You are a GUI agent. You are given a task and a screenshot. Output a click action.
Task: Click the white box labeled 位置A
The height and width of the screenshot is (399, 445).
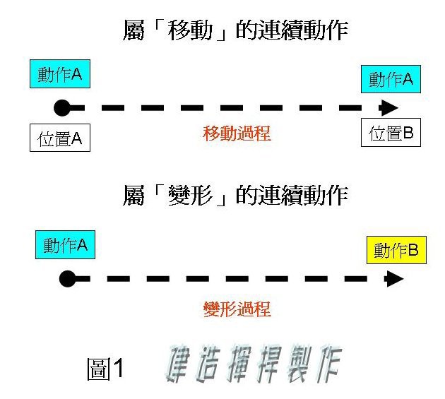tap(60, 138)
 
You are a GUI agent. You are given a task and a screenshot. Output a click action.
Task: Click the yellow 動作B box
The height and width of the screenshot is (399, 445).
tap(396, 250)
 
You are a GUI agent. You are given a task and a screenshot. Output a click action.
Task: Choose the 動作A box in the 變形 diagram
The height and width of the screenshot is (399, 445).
tap(65, 245)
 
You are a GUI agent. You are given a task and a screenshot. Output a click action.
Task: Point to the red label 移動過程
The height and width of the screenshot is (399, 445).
tap(237, 133)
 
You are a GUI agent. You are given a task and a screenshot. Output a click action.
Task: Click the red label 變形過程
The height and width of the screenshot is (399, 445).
tap(237, 309)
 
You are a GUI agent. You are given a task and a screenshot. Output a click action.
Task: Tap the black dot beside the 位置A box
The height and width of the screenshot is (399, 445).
tap(62, 108)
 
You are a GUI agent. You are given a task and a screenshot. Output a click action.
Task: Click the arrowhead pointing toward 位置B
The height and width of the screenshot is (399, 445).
tap(390, 108)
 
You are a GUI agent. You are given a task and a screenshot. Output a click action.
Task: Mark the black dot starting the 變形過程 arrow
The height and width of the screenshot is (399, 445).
tap(66, 279)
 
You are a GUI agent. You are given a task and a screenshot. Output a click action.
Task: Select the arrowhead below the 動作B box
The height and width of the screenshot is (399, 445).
tap(395, 279)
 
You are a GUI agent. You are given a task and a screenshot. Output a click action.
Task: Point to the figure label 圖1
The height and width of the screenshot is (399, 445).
tap(105, 368)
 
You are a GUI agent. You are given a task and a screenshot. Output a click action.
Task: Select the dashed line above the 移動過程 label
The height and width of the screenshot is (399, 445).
tap(226, 108)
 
